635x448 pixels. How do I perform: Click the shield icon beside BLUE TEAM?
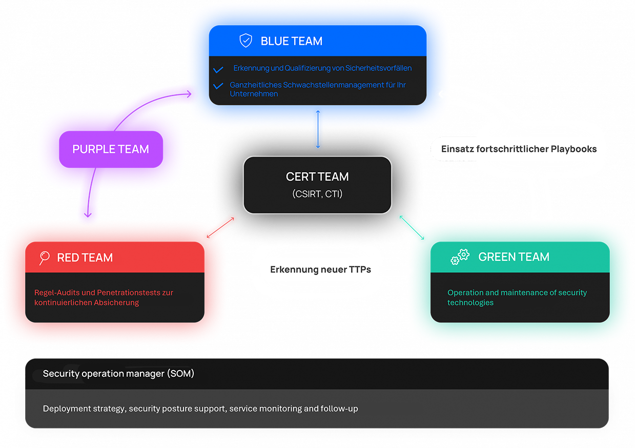coord(246,41)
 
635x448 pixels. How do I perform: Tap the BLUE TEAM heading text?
coord(292,41)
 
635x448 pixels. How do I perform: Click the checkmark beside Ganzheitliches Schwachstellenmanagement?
coord(218,86)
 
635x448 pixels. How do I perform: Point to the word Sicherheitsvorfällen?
coord(379,68)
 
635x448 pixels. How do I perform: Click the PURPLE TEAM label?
coord(111,149)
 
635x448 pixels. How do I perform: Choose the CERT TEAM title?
coord(317,177)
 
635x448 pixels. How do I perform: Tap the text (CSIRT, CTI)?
coord(317,194)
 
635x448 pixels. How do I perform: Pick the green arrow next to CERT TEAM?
coord(411,227)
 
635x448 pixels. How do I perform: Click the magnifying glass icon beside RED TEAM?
coord(45,258)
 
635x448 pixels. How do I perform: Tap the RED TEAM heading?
coord(85,258)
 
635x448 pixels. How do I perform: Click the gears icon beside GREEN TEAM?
coord(460,257)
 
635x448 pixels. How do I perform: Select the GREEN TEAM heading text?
coord(514,257)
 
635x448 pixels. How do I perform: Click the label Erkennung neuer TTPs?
coord(321,269)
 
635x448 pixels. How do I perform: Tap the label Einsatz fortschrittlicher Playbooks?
coord(519,149)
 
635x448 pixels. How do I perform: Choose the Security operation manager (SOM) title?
coord(118,374)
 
